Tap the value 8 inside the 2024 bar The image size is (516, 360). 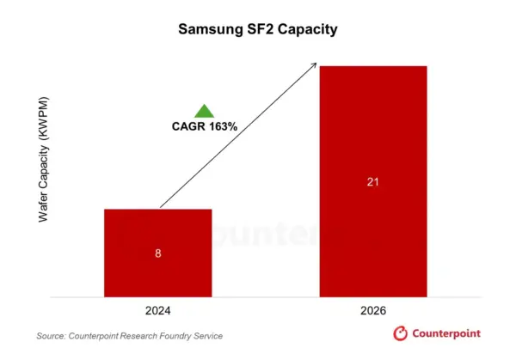click(157, 254)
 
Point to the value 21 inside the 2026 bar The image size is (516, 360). click(372, 182)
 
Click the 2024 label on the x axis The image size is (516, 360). click(157, 310)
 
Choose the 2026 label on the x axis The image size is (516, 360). click(372, 310)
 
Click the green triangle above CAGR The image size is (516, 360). click(204, 110)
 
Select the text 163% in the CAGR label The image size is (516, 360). click(222, 126)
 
